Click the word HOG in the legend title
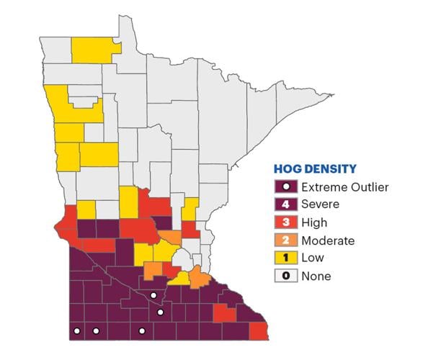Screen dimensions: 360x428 pos(287,170)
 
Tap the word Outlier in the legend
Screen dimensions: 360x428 pos(369,187)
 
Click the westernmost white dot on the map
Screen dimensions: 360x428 pos(77,331)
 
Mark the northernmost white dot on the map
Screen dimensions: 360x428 pos(153,295)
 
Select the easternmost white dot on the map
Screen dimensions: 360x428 pos(161,312)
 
